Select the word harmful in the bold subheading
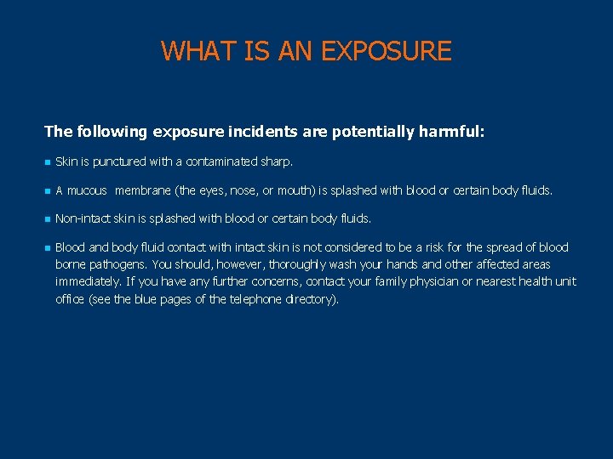(452, 132)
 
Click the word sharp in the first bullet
(278, 161)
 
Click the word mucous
(88, 190)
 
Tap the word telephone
(258, 299)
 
